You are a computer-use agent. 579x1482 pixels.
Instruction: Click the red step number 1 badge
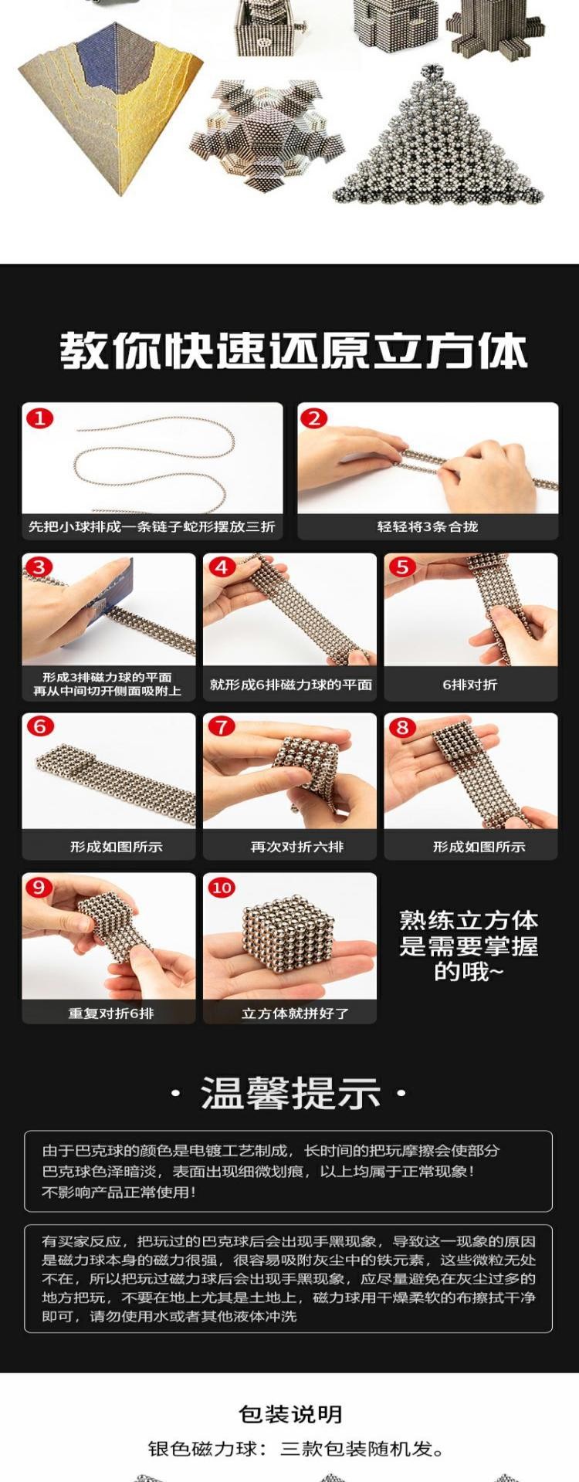click(40, 419)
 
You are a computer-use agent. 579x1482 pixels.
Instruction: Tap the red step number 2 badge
click(313, 419)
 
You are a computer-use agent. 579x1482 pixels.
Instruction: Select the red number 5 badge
click(402, 567)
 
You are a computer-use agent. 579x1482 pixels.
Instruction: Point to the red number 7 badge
click(222, 727)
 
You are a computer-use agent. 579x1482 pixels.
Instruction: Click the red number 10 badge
click(222, 888)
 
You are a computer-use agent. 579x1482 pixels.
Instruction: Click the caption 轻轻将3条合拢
click(428, 526)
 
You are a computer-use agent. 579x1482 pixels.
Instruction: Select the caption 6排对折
click(470, 685)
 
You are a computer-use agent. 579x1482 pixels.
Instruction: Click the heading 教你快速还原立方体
click(294, 351)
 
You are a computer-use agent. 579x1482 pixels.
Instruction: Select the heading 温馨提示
click(290, 1094)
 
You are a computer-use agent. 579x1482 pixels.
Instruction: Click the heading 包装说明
click(290, 1414)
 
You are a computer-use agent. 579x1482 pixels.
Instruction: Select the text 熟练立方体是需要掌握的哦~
click(469, 946)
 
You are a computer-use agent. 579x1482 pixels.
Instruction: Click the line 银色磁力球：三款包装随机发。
click(296, 1449)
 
